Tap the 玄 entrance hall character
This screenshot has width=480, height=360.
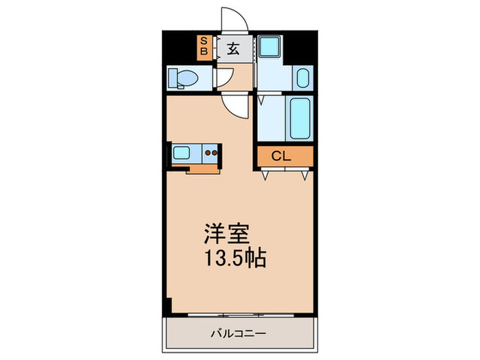[x=233, y=49]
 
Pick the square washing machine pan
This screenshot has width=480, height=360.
[x=269, y=46]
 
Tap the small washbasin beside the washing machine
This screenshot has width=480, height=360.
[x=303, y=78]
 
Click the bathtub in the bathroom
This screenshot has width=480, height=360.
[x=300, y=119]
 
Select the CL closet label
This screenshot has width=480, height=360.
[x=281, y=156]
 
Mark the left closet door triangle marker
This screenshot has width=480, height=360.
[x=265, y=176]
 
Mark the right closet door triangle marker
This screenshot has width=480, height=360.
[x=304, y=176]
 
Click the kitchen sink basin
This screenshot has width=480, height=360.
[x=181, y=152]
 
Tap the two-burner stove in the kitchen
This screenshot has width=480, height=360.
[x=211, y=153]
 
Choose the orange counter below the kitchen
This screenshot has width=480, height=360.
[x=203, y=169]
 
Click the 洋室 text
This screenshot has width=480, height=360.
[x=227, y=234]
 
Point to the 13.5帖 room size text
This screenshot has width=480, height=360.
[x=235, y=259]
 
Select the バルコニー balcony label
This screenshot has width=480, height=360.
[x=238, y=333]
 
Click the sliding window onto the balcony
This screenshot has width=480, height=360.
[x=241, y=315]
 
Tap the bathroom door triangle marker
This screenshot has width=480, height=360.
[x=261, y=101]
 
